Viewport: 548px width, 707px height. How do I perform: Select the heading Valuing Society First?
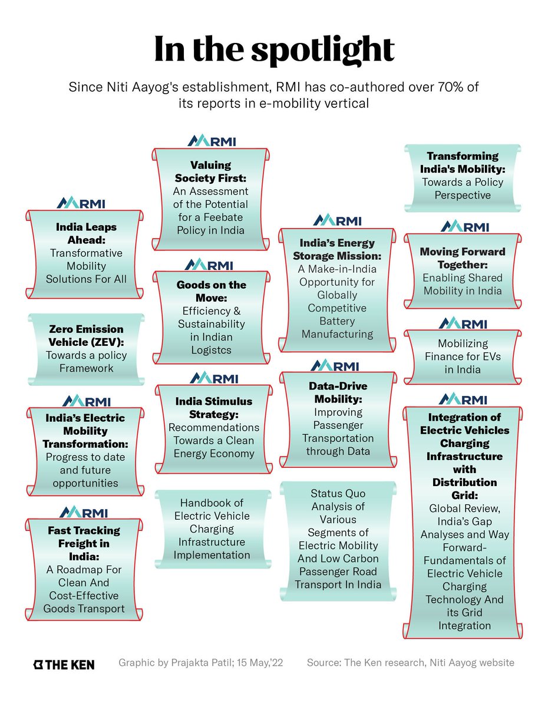coord(210,171)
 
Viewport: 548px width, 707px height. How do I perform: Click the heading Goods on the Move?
coord(211,291)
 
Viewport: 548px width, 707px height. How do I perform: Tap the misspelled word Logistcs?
coord(211,350)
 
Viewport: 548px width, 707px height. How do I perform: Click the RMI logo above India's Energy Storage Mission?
coord(338,220)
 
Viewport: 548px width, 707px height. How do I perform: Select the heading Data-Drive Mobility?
coord(338,392)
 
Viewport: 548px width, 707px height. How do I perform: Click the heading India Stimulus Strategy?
coord(213,408)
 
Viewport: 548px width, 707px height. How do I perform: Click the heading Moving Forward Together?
coord(463,258)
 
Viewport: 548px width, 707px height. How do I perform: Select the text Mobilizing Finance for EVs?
coord(463,356)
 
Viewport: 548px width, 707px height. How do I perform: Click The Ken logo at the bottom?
coord(63,664)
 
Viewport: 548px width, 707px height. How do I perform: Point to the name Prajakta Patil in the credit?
coord(200,663)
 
